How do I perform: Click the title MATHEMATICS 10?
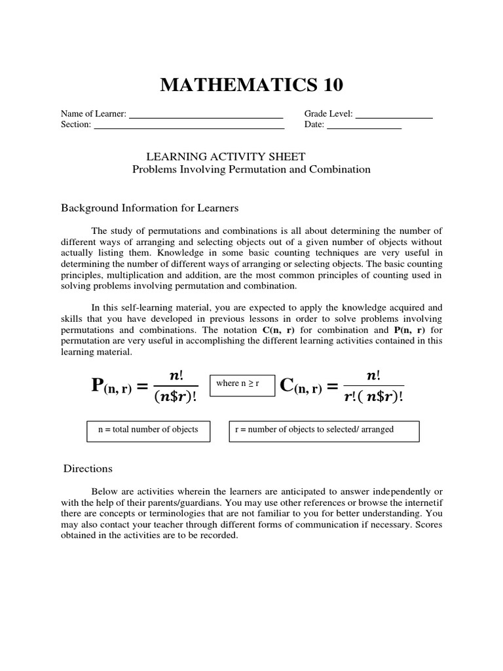(x=251, y=85)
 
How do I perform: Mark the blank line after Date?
(x=363, y=128)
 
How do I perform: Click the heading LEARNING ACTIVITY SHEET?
(x=225, y=156)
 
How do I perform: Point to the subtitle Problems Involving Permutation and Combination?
(x=251, y=169)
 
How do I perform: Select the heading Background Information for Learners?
(x=150, y=208)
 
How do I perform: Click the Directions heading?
(x=88, y=469)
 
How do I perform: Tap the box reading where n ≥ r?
(x=238, y=384)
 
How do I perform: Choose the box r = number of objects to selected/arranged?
(x=324, y=431)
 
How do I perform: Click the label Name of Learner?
(x=94, y=114)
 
